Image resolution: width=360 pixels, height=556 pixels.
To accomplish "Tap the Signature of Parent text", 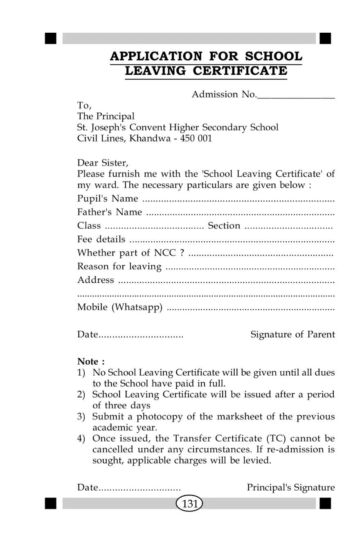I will pos(292,335).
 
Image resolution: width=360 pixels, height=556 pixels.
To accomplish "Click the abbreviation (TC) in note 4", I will pos(277,439).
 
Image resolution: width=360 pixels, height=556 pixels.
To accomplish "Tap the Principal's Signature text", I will pos(291,488).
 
